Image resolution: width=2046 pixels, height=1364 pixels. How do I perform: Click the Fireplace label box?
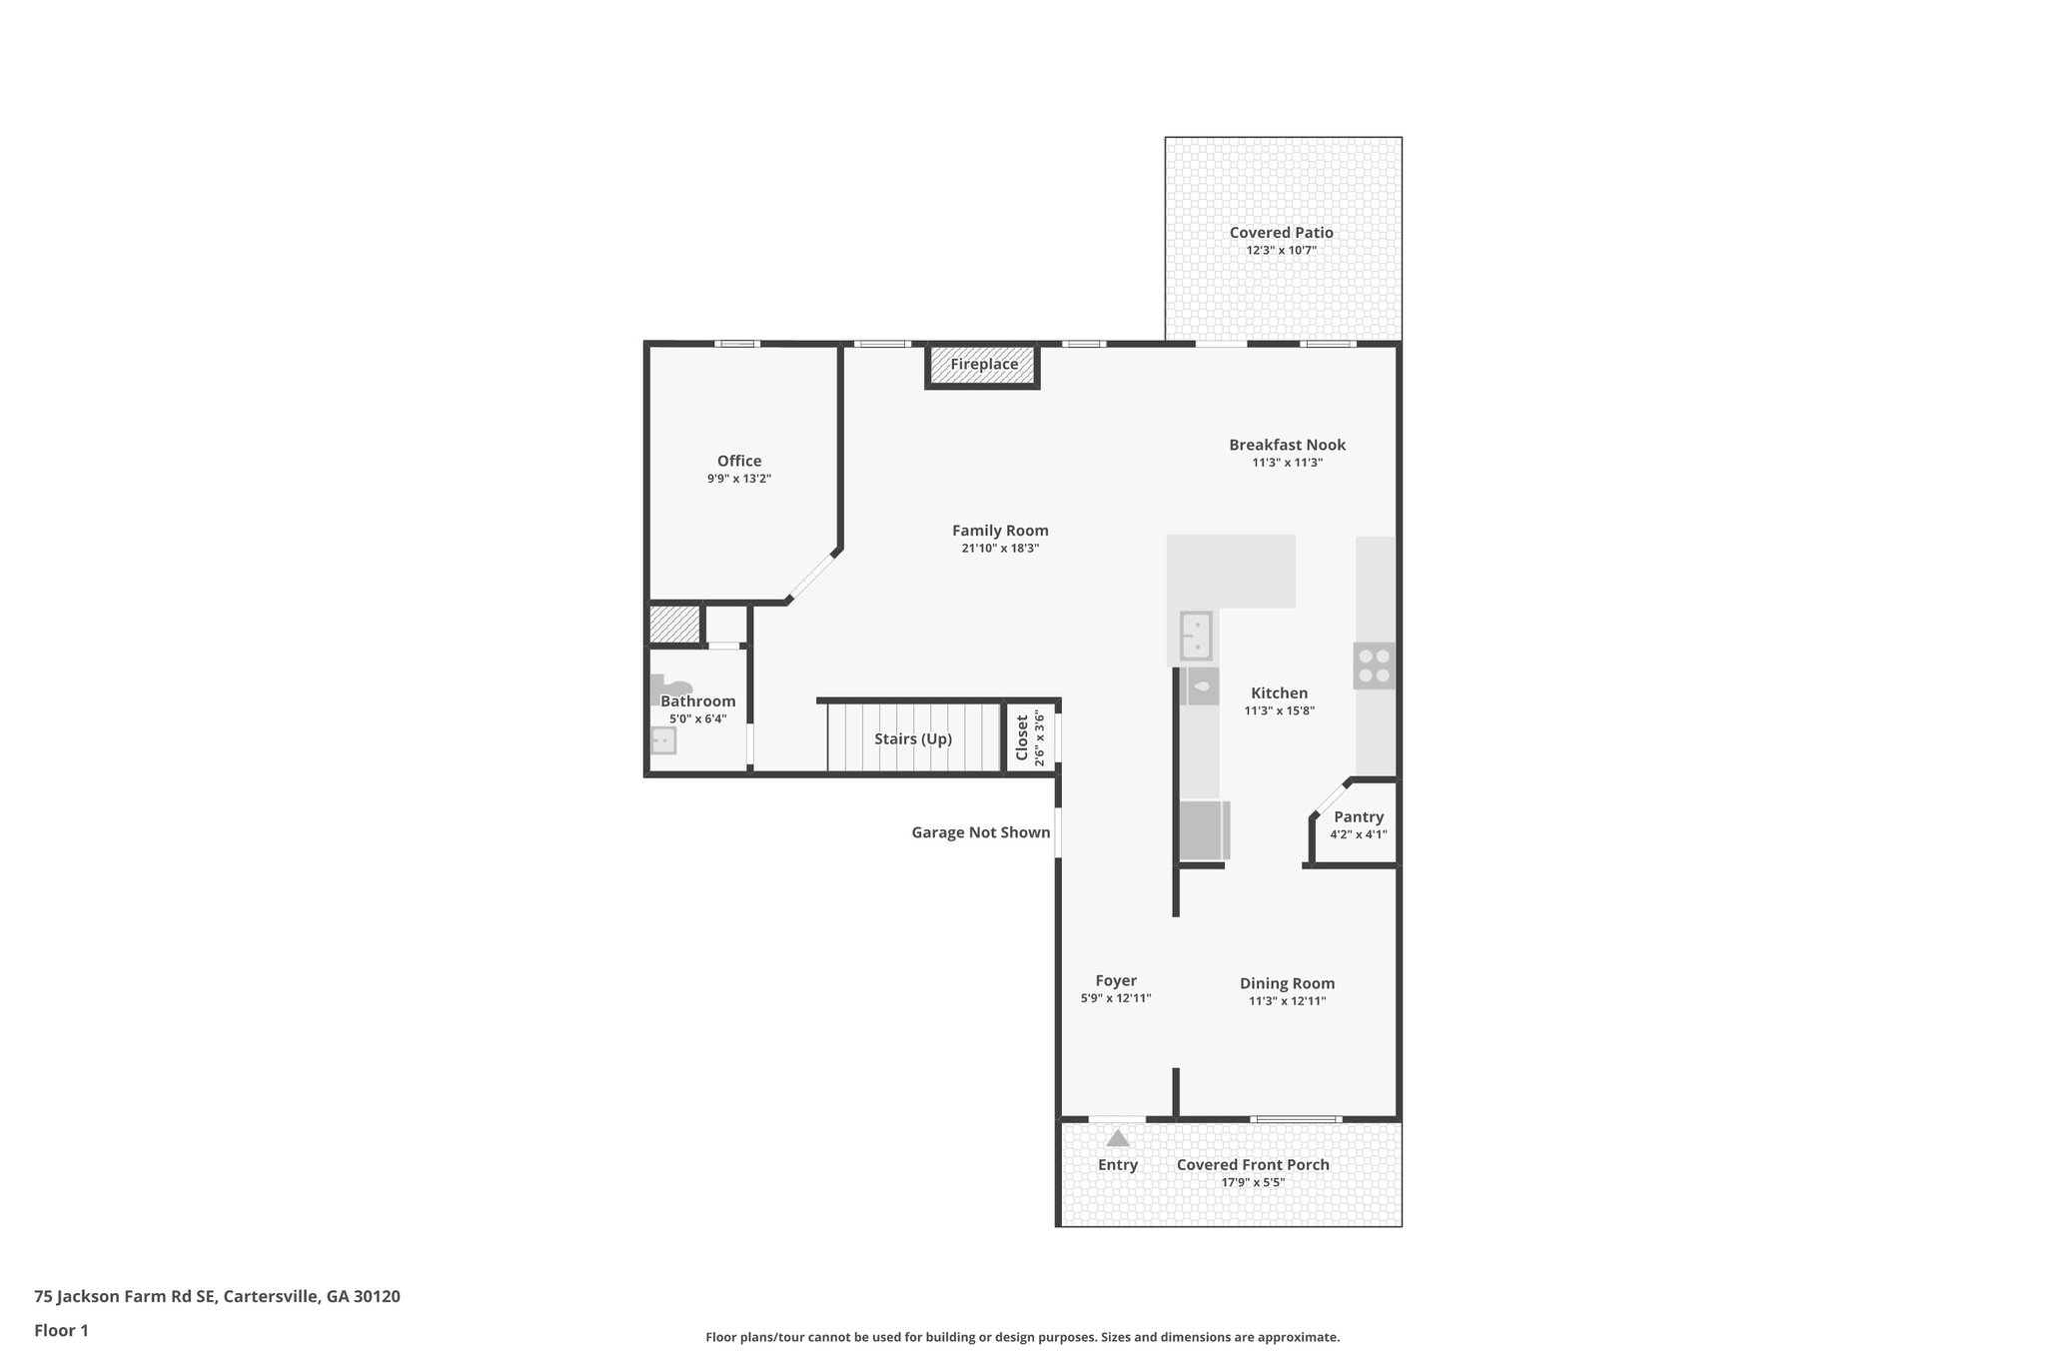pos(984,365)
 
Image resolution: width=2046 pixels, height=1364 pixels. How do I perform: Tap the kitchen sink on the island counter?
pos(1196,637)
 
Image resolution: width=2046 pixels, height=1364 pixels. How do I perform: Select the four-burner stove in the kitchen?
pos(1374,666)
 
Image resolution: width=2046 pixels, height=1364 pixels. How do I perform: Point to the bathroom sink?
pos(662,740)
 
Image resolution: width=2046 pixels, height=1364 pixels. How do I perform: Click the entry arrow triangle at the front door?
pos(1118,1138)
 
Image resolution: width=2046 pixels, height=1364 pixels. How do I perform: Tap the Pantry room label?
pos(1359,817)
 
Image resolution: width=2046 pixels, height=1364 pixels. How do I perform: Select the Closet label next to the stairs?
pos(1022,737)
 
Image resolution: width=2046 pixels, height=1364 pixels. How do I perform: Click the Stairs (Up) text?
pos(913,739)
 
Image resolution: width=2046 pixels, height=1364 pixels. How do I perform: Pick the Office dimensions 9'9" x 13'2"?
pos(739,479)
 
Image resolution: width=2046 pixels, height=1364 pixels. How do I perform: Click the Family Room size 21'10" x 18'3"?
pos(1000,549)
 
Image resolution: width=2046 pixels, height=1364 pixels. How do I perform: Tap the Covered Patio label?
pos(1281,233)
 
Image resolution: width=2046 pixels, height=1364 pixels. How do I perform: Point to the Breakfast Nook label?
pos(1287,445)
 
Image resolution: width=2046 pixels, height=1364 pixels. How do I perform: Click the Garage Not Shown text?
pos(980,832)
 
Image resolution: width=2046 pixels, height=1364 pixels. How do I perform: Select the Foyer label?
pos(1116,981)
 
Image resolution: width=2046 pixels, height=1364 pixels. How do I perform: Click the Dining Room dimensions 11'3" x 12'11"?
pos(1287,1001)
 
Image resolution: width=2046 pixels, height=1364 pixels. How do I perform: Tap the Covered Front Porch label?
pos(1253,1164)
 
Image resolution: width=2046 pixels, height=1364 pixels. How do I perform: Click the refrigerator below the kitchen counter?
pos(1204,830)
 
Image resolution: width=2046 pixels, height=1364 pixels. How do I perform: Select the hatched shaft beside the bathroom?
pos(674,625)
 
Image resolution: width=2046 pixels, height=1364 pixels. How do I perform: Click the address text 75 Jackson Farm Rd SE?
pos(125,1297)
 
